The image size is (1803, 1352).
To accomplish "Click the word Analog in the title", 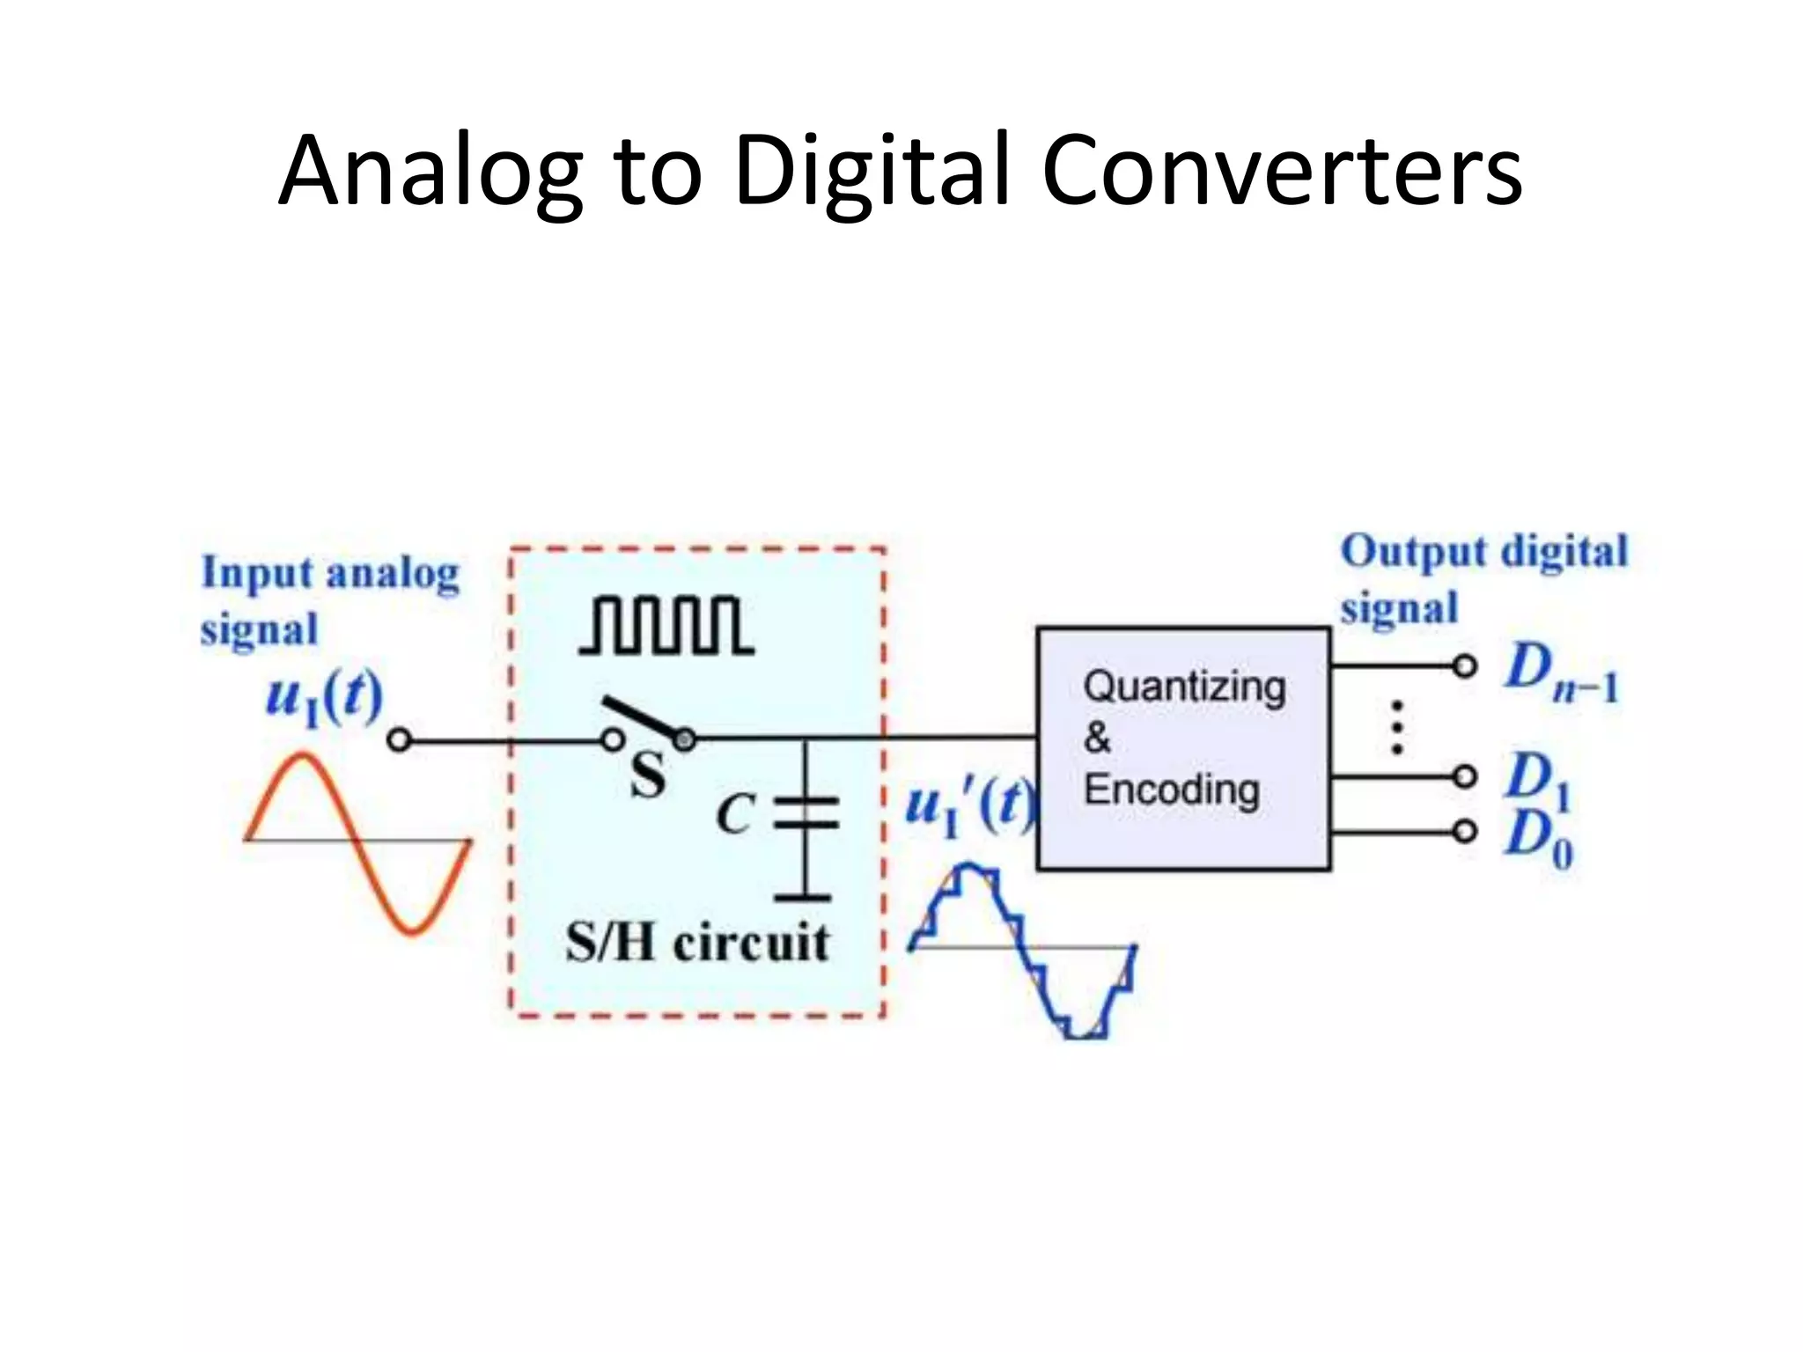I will click(431, 172).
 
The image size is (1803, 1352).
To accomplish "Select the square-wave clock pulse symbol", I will click(666, 626).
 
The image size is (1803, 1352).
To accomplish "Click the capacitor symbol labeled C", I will click(805, 814).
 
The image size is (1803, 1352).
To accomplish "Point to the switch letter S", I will click(648, 776).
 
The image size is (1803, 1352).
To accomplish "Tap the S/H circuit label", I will click(696, 943).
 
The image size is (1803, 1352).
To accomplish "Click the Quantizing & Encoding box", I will click(1183, 748).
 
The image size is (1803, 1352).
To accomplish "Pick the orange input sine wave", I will click(357, 841).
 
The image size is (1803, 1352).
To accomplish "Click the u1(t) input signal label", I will click(324, 698).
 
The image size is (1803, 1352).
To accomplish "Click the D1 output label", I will click(1536, 778).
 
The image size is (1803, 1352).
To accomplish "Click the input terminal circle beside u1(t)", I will click(399, 741).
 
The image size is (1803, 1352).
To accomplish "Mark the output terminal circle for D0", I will click(1464, 831).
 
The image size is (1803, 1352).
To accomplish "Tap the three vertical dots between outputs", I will click(1396, 727).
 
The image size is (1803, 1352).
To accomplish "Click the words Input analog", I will click(330, 574).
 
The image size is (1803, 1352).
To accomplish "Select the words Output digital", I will click(1483, 552).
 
